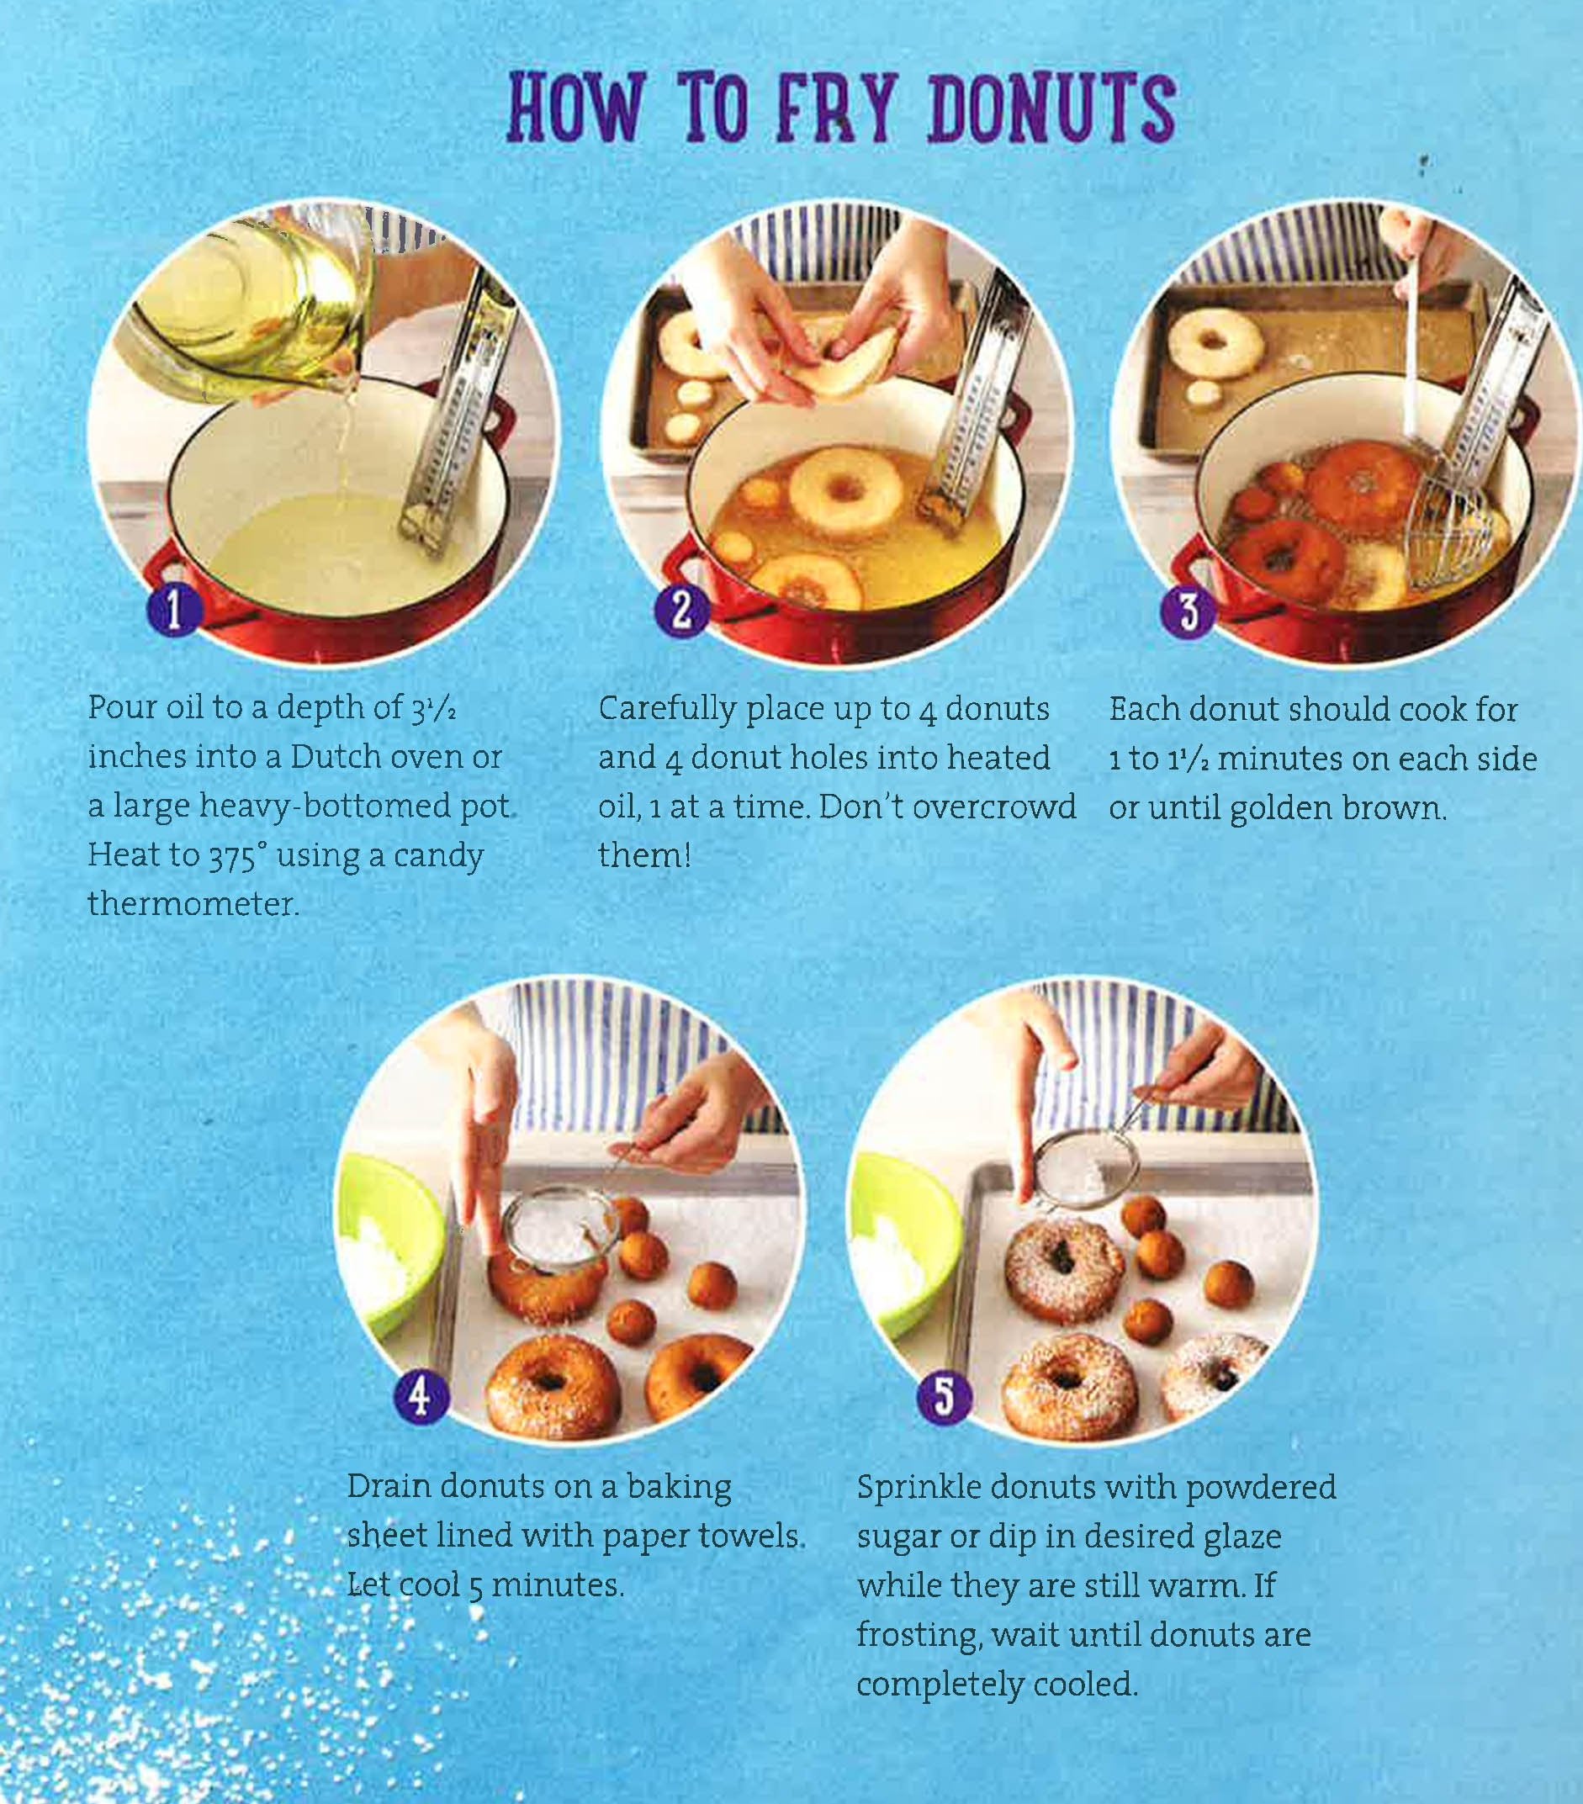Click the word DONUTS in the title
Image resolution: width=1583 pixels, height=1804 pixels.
click(x=1051, y=108)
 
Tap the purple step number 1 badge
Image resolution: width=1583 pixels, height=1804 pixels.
click(x=174, y=610)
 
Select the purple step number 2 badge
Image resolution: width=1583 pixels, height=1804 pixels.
click(x=680, y=610)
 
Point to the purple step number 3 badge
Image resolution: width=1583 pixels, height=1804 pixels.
click(x=1189, y=610)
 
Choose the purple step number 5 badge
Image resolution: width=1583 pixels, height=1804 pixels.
click(x=943, y=1394)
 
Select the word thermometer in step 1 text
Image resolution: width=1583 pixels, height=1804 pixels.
click(x=193, y=904)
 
